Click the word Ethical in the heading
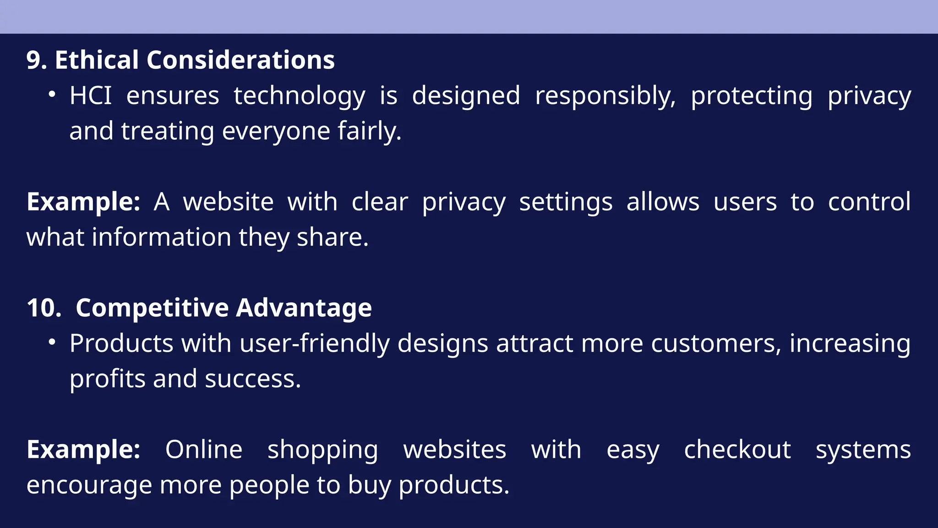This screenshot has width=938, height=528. point(97,60)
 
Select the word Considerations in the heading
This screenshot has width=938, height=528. point(240,60)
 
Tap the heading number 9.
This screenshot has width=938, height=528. point(36,60)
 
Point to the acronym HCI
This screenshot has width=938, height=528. point(91,96)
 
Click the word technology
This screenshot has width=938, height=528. point(300,96)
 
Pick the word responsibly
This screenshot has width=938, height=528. point(605,96)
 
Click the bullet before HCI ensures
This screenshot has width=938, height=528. point(52,95)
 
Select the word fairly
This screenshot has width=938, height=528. point(369,131)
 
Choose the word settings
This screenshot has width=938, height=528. point(566,202)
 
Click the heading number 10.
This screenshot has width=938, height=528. point(44,308)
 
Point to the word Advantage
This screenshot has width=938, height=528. point(304,308)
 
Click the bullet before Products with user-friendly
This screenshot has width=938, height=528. point(52,342)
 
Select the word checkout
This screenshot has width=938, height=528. point(737,450)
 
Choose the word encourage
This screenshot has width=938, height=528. point(89,485)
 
